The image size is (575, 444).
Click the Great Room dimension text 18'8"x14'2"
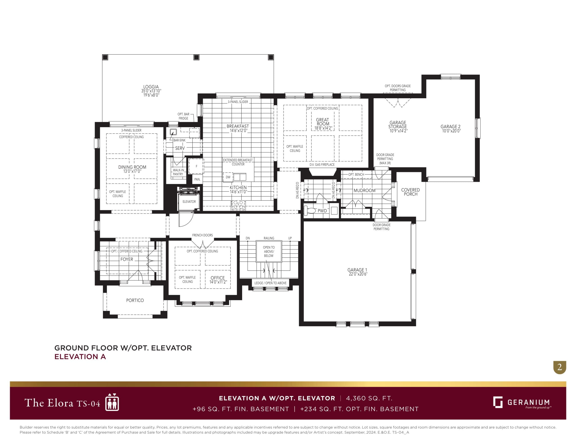323,128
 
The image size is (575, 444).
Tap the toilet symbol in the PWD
310,210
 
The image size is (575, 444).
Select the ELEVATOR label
189,202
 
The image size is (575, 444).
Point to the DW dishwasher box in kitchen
228,177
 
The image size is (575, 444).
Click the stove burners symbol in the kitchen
238,205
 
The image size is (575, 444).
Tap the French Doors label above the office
202,235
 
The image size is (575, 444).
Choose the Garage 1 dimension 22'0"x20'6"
358,274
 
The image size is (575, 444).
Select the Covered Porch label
410,192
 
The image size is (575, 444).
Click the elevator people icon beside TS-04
112,402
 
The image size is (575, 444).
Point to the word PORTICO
135,300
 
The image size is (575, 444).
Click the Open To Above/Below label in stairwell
269,252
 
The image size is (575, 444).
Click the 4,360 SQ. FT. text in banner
369,398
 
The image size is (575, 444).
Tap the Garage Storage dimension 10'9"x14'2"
398,131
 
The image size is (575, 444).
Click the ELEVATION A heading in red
80,357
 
